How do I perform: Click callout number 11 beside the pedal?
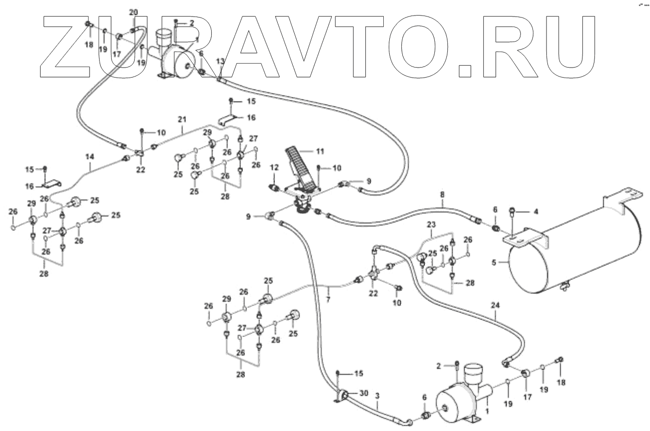(x=320, y=150)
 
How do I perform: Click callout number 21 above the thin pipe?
(x=182, y=119)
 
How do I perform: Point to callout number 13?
(x=220, y=61)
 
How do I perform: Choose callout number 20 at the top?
(x=133, y=12)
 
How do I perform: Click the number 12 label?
(x=274, y=166)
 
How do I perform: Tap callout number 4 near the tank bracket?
(x=535, y=212)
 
